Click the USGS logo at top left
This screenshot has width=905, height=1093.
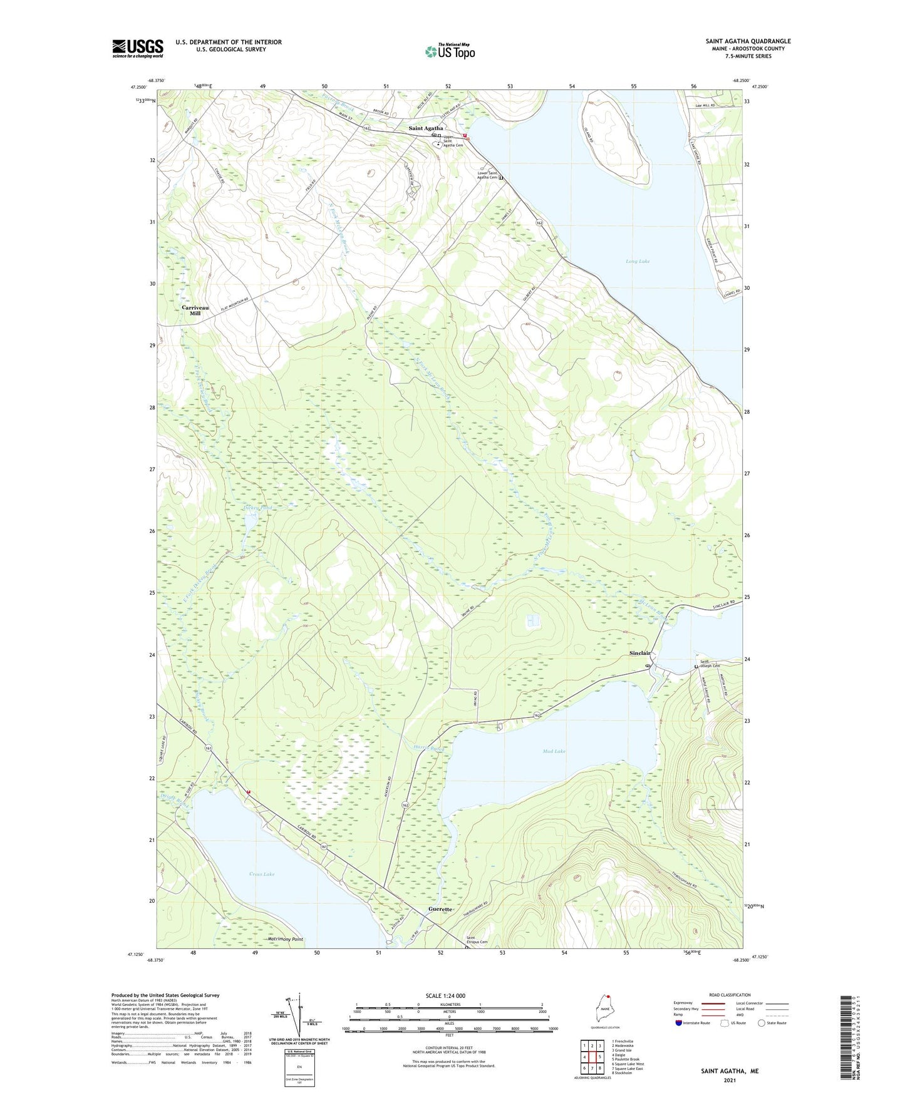pos(138,48)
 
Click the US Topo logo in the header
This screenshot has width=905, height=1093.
pos(450,51)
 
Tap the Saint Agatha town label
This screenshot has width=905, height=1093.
pos(426,128)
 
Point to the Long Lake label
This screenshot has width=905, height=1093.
pos(638,261)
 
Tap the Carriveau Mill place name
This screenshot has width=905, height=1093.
pos(195,310)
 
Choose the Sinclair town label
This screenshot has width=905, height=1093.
pos(640,653)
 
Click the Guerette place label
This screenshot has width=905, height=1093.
pos(440,909)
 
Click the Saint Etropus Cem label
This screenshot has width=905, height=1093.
pos(477,940)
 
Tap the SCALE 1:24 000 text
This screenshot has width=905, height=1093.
pos(445,996)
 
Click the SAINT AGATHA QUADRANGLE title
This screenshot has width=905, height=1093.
pos(748,41)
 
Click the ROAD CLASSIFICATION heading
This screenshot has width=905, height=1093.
pos(730,995)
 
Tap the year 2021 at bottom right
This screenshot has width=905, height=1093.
pos(730,1080)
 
